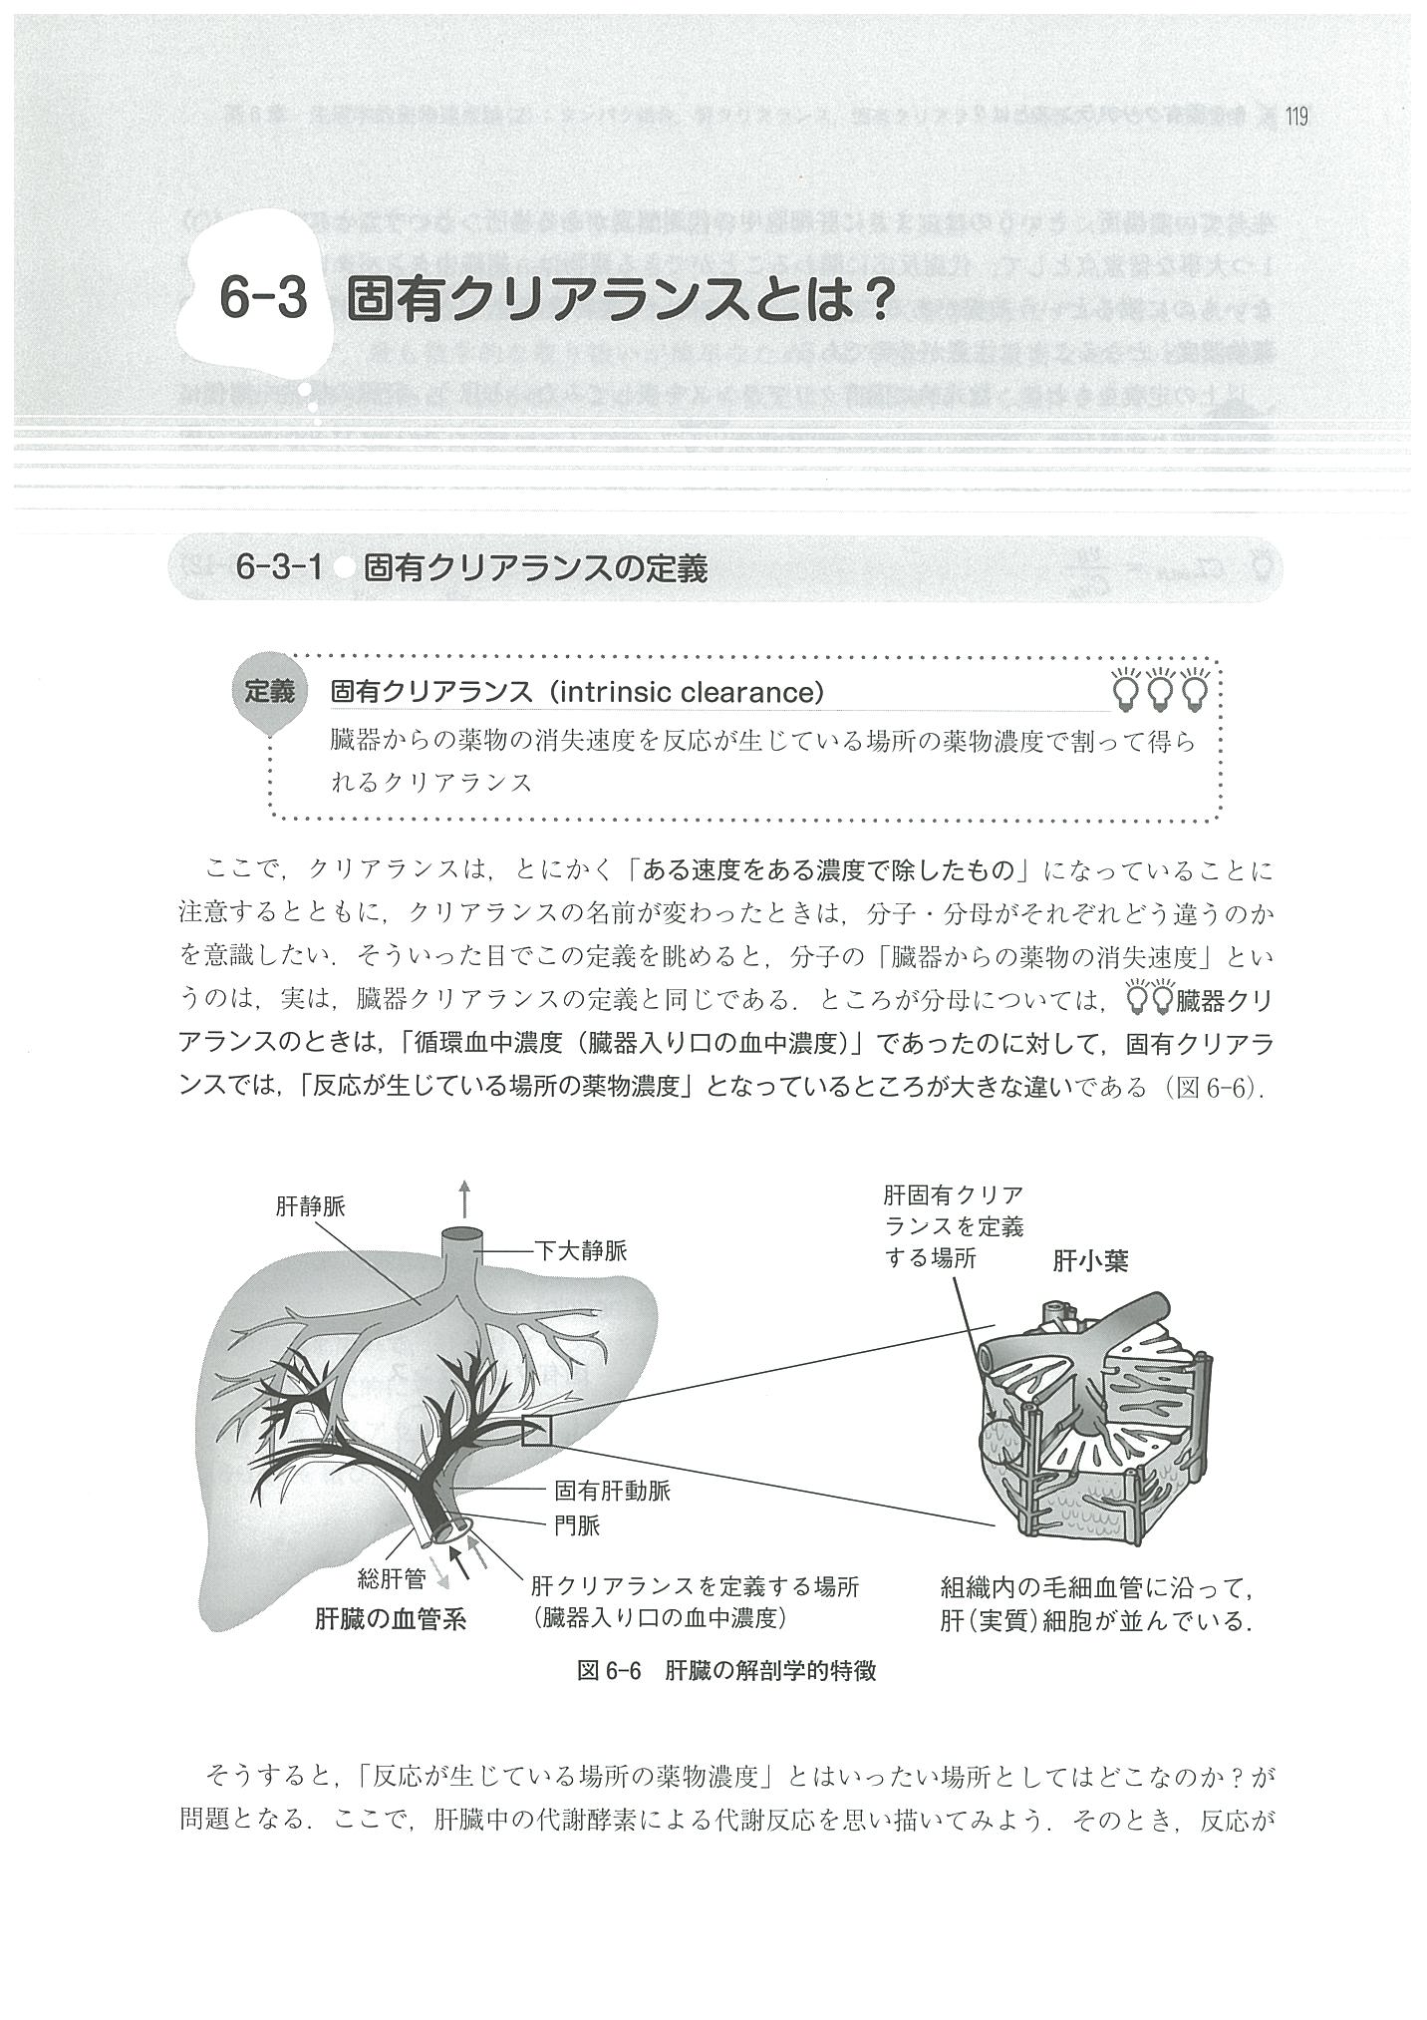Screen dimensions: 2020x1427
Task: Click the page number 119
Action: [x=1295, y=118]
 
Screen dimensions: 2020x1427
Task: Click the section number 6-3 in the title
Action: [x=263, y=298]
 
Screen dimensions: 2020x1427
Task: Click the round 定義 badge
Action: [x=269, y=691]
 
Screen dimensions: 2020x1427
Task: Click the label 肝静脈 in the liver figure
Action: [x=310, y=1207]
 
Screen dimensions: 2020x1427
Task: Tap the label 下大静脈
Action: [x=581, y=1250]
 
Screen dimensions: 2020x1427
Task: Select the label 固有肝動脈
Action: [x=612, y=1492]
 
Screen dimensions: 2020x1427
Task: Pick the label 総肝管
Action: [x=392, y=1578]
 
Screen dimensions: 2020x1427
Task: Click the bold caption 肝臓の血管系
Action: [x=390, y=1619]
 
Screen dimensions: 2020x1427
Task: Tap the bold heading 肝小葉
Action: [x=1090, y=1261]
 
